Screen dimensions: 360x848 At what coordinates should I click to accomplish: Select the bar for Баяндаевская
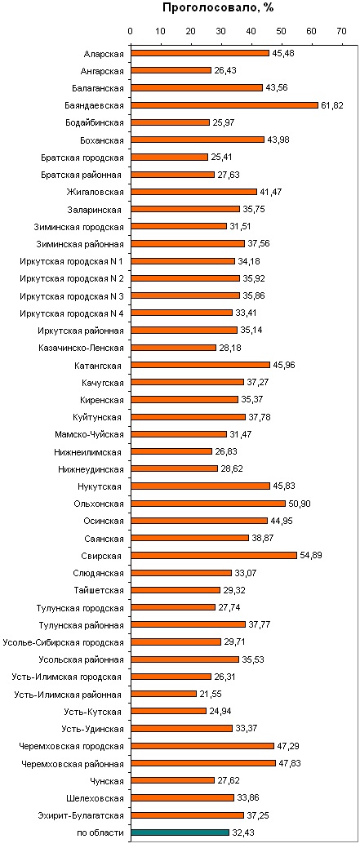click(224, 105)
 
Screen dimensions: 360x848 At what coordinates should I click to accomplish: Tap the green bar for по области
click(180, 832)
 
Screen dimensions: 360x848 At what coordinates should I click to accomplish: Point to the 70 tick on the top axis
click(341, 32)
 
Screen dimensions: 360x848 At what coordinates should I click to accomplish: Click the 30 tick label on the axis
click(220, 32)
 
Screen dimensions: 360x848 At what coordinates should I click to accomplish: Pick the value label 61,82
click(331, 105)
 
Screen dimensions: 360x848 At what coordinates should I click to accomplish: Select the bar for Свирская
click(214, 555)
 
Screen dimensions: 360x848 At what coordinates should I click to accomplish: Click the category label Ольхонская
click(99, 504)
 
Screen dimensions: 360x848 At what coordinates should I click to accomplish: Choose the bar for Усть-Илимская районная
click(163, 694)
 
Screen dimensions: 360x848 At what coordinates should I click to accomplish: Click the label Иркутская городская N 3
click(71, 295)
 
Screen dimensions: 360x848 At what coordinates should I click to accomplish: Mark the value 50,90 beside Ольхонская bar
click(299, 504)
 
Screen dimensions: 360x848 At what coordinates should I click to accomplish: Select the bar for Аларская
click(199, 53)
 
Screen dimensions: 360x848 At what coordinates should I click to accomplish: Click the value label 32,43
click(243, 832)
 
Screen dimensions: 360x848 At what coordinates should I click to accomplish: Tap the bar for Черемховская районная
click(202, 763)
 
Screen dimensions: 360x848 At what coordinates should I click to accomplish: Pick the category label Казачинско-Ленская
click(82, 348)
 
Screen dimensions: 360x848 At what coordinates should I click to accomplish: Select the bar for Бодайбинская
click(170, 122)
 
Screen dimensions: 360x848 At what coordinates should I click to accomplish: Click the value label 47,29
click(288, 746)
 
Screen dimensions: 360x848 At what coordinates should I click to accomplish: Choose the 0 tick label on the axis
click(131, 32)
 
